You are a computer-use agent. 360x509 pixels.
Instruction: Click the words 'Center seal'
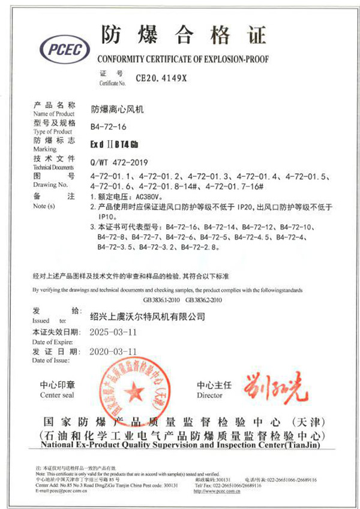coord(58,396)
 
